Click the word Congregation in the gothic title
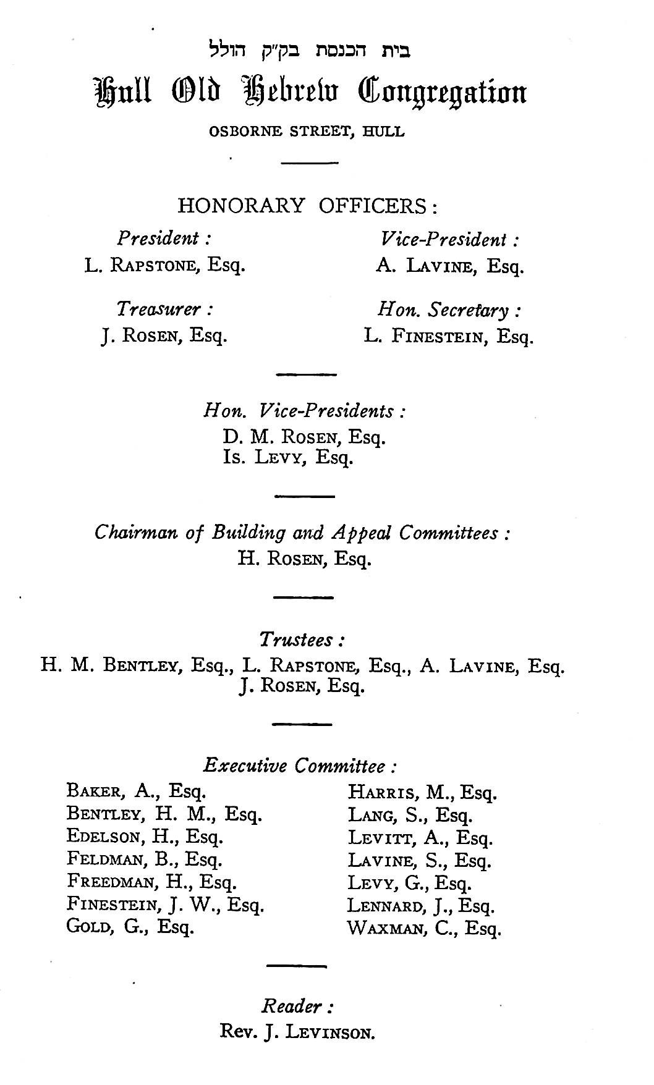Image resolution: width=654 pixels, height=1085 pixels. click(x=441, y=93)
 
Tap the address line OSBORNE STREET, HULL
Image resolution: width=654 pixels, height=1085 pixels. click(x=307, y=132)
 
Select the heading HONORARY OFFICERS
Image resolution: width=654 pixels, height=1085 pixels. click(x=307, y=206)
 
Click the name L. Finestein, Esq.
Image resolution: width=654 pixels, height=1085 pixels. click(x=448, y=337)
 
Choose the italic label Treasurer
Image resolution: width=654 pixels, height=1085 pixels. click(x=166, y=310)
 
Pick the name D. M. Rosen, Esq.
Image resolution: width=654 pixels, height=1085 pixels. click(x=304, y=437)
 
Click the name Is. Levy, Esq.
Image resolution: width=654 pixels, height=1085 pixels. click(x=288, y=458)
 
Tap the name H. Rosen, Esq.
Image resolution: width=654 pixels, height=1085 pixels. click(x=304, y=559)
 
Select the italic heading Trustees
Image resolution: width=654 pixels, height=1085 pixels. click(x=302, y=640)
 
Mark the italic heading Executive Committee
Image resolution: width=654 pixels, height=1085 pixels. click(x=300, y=767)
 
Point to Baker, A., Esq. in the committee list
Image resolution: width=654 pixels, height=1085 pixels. click(x=136, y=791)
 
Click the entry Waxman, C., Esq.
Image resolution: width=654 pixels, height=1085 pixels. click(x=424, y=928)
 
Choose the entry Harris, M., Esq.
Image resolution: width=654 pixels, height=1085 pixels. click(x=422, y=792)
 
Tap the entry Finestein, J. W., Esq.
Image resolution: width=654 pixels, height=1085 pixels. click(x=165, y=905)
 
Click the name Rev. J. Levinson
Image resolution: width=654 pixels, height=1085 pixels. click(x=297, y=1032)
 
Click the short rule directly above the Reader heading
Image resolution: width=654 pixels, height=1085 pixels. click(x=296, y=966)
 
